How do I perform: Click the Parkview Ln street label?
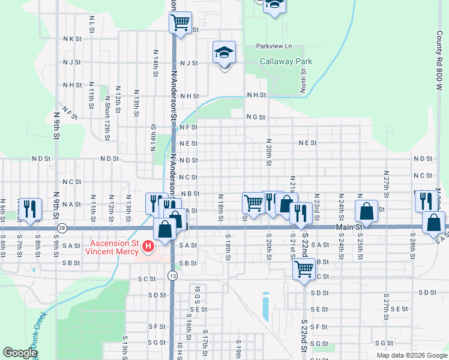click(x=273, y=46)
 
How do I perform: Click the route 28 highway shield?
click(x=62, y=229)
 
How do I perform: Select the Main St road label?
click(x=349, y=227)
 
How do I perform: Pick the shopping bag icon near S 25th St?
click(x=366, y=211)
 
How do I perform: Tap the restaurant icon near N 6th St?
click(x=29, y=208)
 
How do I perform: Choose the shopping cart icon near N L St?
click(x=180, y=23)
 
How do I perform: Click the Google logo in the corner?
click(x=19, y=353)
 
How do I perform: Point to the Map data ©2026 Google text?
click(x=411, y=355)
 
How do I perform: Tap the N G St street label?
click(x=255, y=117)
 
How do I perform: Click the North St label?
click(x=304, y=80)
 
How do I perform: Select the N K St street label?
click(x=71, y=38)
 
